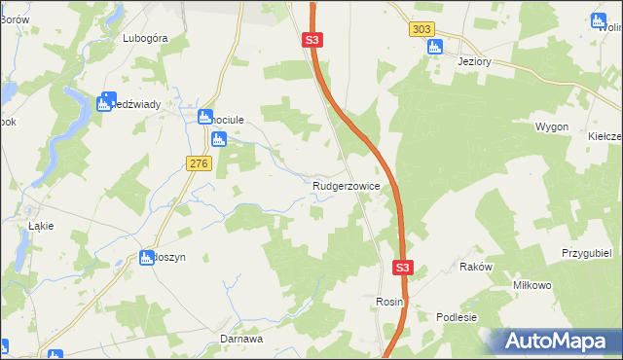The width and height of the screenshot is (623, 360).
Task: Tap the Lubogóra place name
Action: [x=146, y=38]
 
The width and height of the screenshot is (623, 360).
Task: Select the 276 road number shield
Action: [x=200, y=164]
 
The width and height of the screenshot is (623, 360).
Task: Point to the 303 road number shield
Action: [x=420, y=29]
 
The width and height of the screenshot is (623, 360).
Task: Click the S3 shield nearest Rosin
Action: [x=404, y=268]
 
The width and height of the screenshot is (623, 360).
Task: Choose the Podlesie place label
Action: [x=457, y=317]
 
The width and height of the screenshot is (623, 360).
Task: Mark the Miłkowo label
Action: [x=532, y=285]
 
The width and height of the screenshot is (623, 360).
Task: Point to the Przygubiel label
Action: [x=585, y=252]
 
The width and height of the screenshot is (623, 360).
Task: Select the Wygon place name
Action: [x=551, y=127]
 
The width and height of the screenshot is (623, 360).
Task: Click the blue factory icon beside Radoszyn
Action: [x=147, y=258]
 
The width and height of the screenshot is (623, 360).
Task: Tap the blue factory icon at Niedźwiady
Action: [x=105, y=102]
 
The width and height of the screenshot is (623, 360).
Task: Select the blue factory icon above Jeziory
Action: [x=434, y=46]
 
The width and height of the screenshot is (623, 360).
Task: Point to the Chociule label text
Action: [x=229, y=119]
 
